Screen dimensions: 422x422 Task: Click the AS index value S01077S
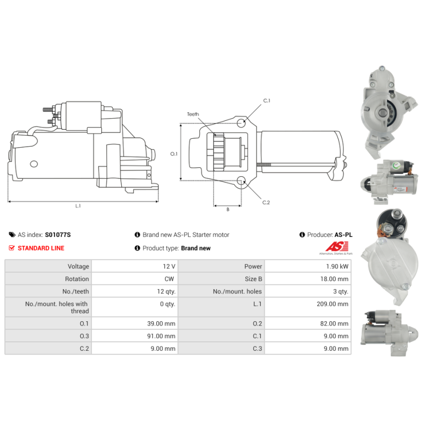58,235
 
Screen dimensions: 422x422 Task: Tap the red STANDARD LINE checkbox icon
12,248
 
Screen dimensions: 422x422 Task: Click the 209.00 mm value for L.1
332,304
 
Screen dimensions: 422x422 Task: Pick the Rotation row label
77,279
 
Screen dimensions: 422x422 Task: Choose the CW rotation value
169,279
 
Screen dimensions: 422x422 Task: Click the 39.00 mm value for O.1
161,323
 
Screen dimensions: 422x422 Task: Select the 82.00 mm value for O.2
334,323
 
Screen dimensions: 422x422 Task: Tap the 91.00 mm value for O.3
161,336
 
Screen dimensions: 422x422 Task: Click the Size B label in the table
253,279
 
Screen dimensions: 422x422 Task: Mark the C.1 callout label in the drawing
266,101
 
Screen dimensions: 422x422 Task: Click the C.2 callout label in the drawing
266,203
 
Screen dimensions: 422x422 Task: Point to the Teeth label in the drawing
193,114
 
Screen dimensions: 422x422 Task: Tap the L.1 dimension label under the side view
78,206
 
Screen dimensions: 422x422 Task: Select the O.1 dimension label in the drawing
174,154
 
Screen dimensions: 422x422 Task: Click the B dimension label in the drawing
228,209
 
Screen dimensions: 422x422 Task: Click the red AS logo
337,246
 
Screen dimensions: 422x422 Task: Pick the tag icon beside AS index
12,235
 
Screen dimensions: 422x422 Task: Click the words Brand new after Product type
196,248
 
